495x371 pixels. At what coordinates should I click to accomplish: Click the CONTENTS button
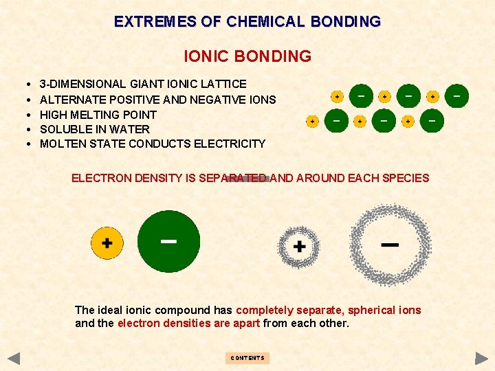(247, 358)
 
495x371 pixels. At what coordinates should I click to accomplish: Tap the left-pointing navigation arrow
(14, 358)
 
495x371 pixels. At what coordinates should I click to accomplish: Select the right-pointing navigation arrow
(481, 358)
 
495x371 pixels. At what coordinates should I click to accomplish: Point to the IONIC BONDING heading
(247, 56)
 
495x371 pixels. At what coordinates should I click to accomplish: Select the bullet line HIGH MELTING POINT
(98, 115)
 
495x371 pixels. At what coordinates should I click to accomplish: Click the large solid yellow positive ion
(107, 243)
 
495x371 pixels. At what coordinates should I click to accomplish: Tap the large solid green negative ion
(168, 241)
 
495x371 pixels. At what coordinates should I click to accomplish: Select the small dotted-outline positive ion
(299, 245)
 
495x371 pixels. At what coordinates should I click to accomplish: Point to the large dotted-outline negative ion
(390, 245)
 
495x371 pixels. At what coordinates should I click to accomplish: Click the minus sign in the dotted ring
(390, 245)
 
